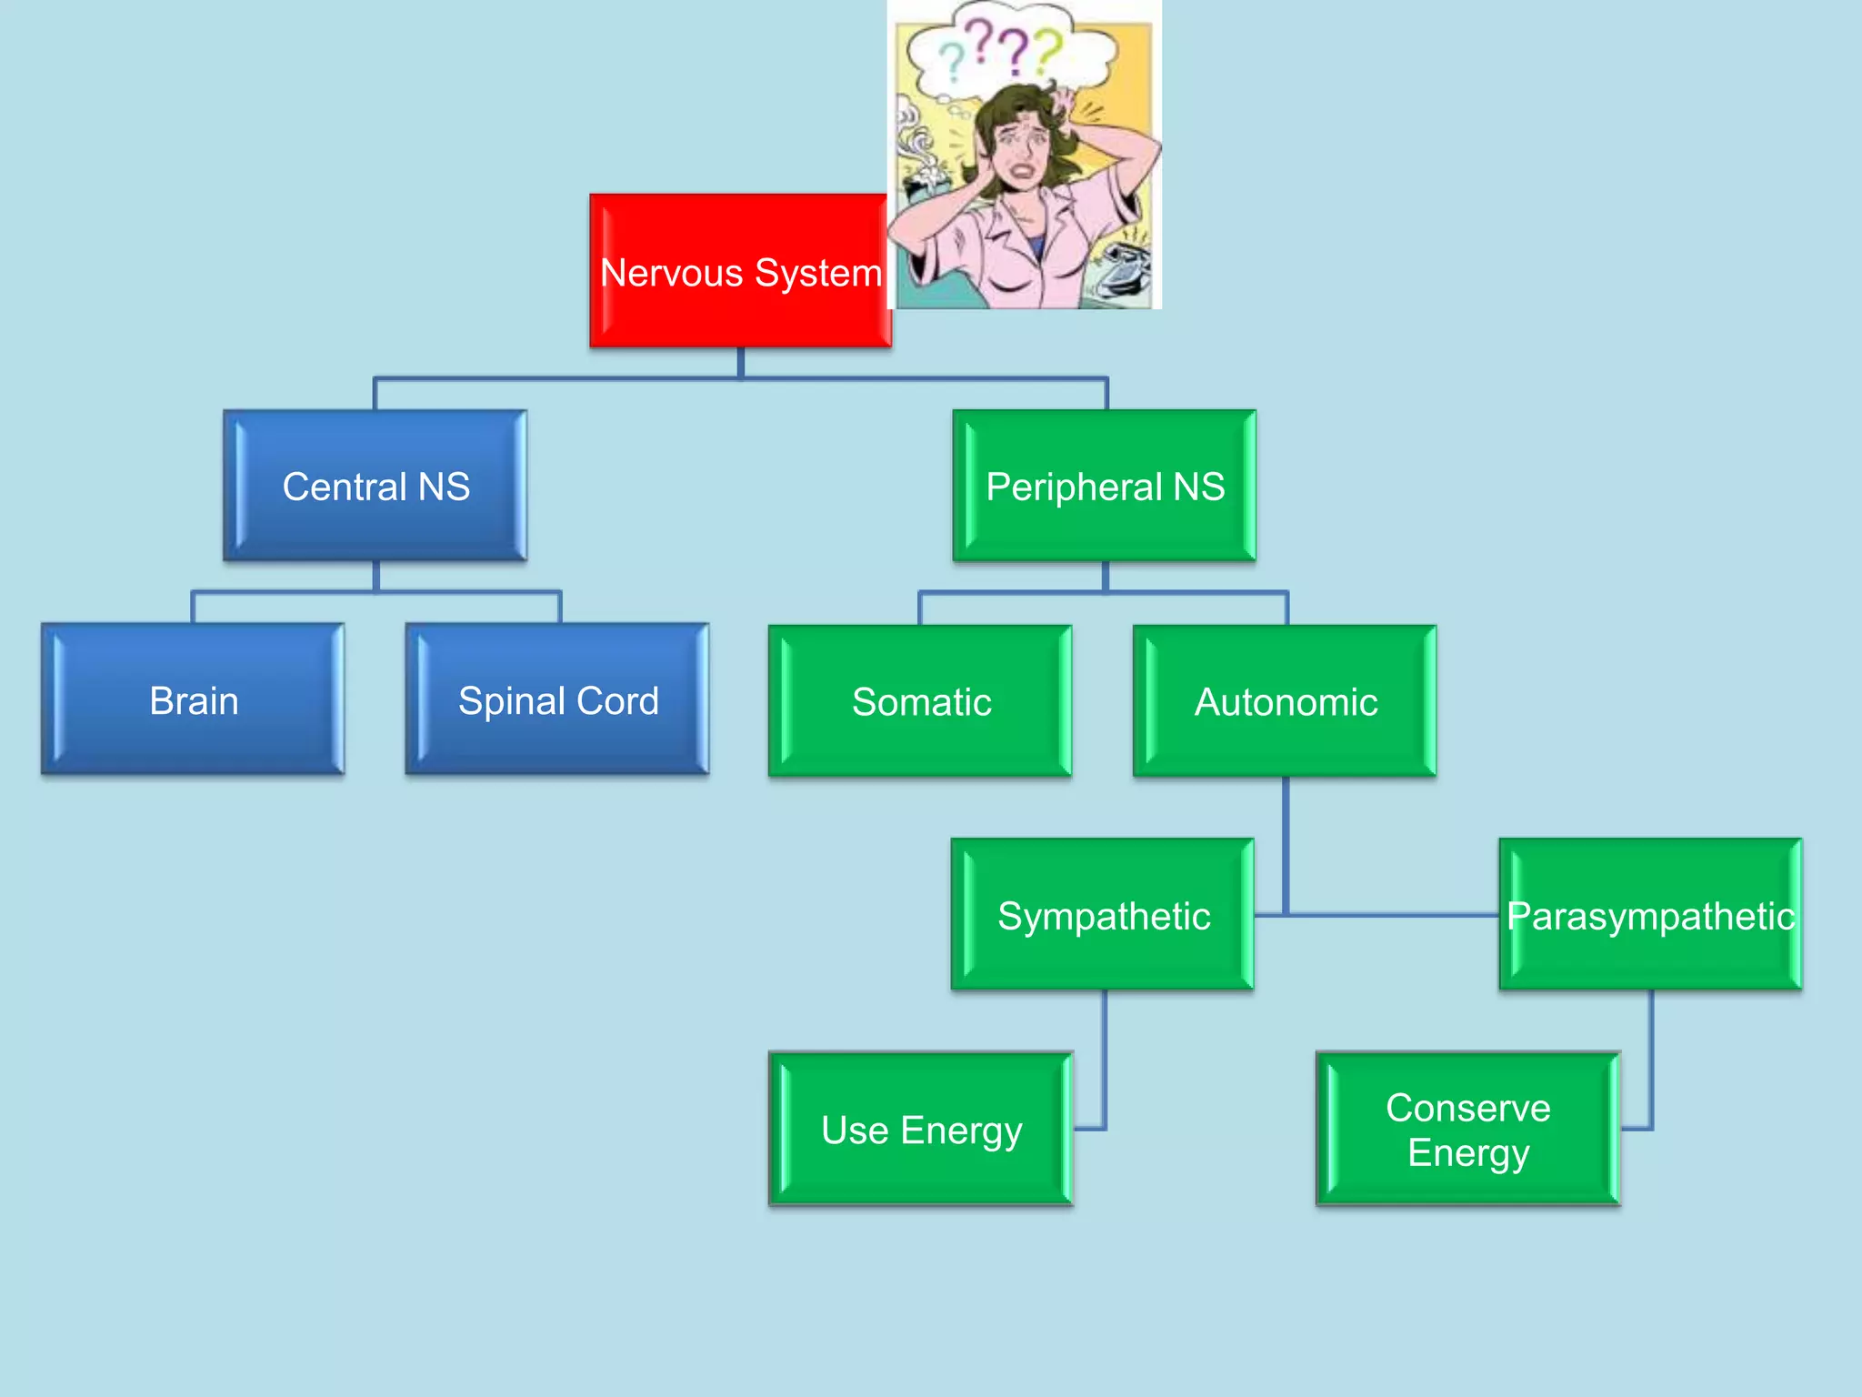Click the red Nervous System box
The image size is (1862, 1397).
click(x=739, y=271)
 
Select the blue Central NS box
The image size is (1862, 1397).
click(x=375, y=486)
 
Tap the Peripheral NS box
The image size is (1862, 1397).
click(x=1105, y=486)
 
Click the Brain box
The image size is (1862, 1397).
click(x=193, y=699)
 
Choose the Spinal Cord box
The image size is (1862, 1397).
click(x=557, y=699)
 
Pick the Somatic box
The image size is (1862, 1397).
click(x=920, y=701)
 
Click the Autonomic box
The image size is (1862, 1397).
click(x=1285, y=701)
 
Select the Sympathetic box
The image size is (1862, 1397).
click(x=1103, y=915)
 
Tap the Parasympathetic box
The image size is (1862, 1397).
click(x=1650, y=915)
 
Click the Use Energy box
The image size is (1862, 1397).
click(x=921, y=1130)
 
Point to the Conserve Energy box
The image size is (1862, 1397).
click(x=1468, y=1130)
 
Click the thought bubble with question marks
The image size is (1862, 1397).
click(x=1009, y=50)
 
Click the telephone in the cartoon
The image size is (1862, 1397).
click(x=1122, y=268)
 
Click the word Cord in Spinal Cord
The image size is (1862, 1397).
click(x=617, y=701)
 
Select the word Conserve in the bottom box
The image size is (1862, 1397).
click(x=1468, y=1108)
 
